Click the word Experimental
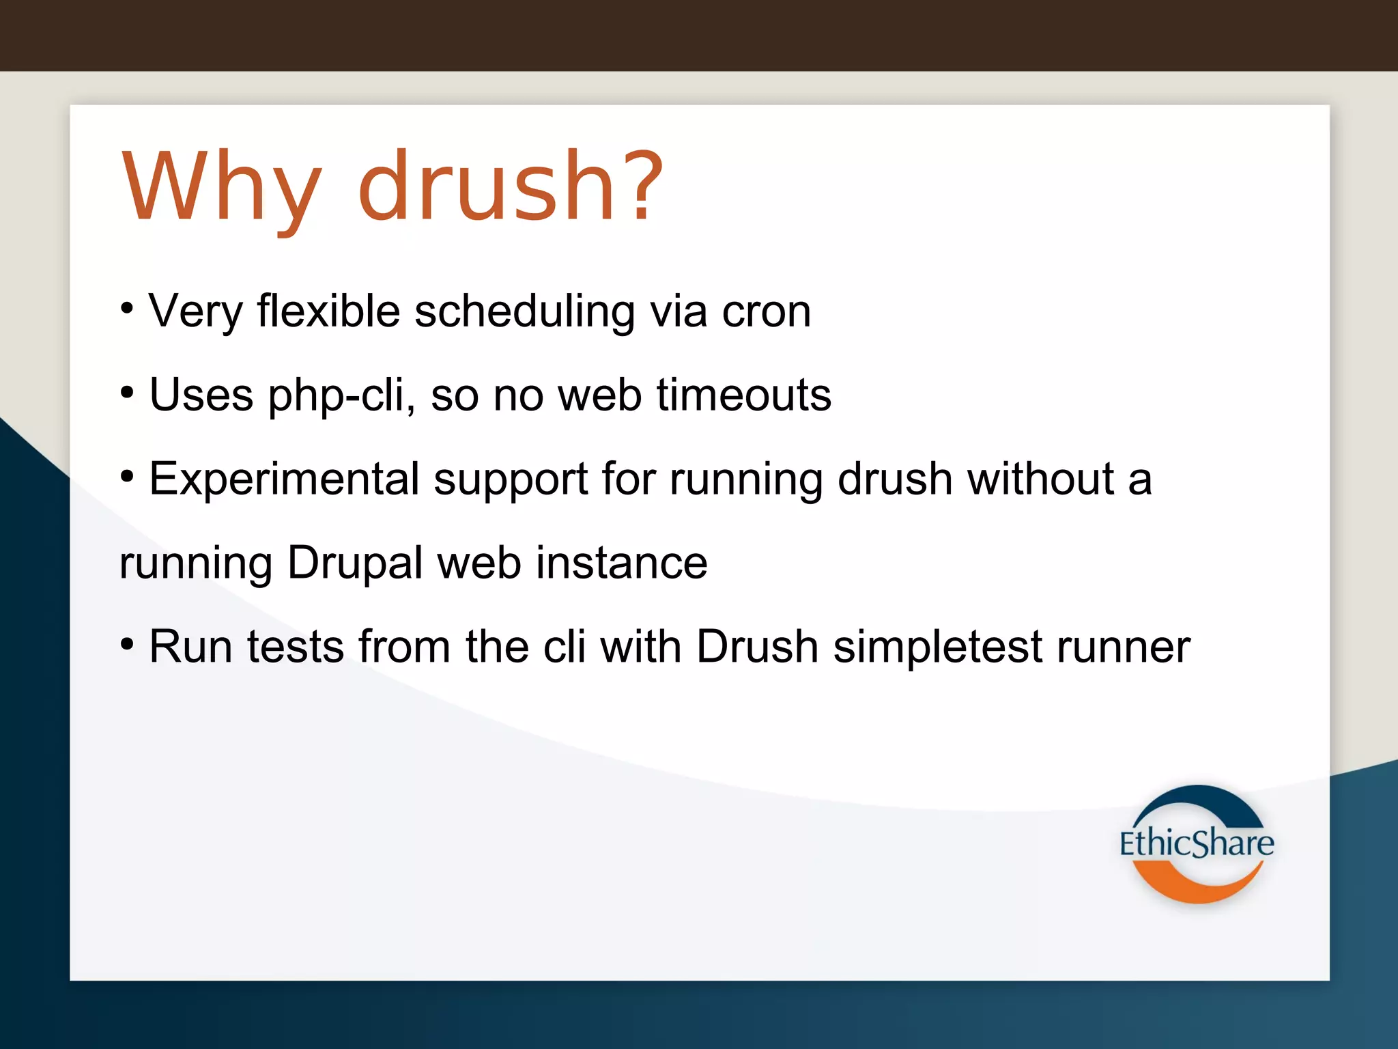coord(284,479)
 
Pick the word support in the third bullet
coord(511,480)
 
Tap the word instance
coord(621,563)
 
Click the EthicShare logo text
coord(1196,843)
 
